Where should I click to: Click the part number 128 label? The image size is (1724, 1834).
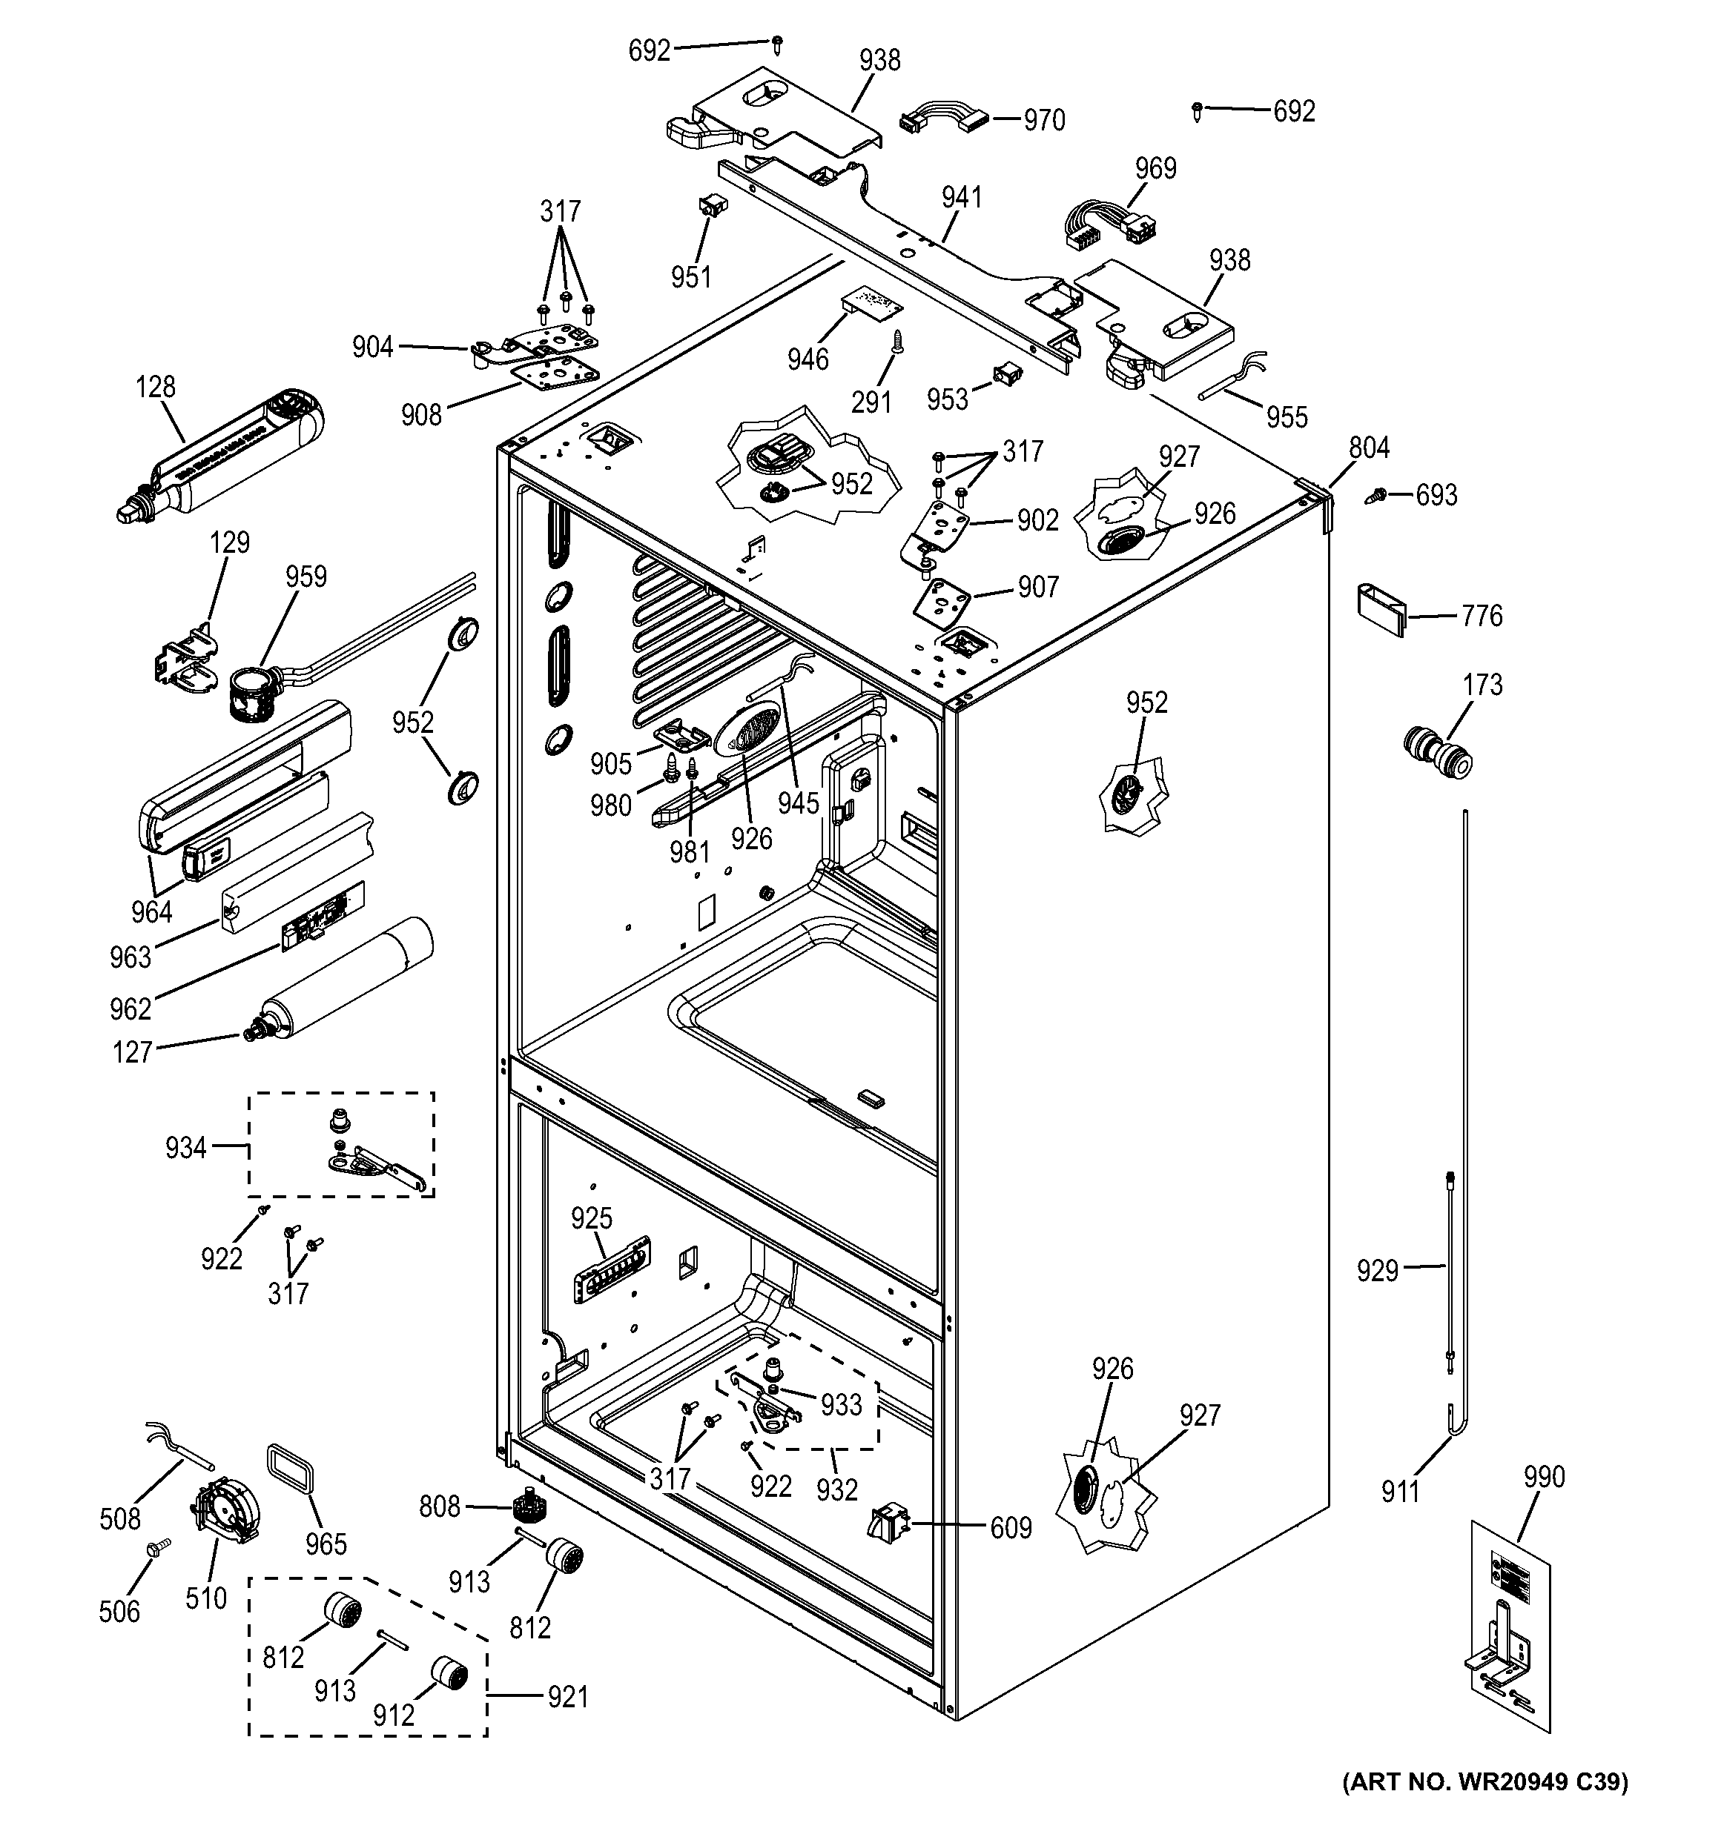pos(155,387)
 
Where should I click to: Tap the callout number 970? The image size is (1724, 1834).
pos(1044,121)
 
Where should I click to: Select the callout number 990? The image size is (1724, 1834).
pos(1544,1477)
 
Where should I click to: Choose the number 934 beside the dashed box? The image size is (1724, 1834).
pos(185,1148)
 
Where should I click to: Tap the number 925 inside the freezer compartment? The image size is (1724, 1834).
pos(591,1219)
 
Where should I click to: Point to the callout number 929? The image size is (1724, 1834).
pos(1377,1272)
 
